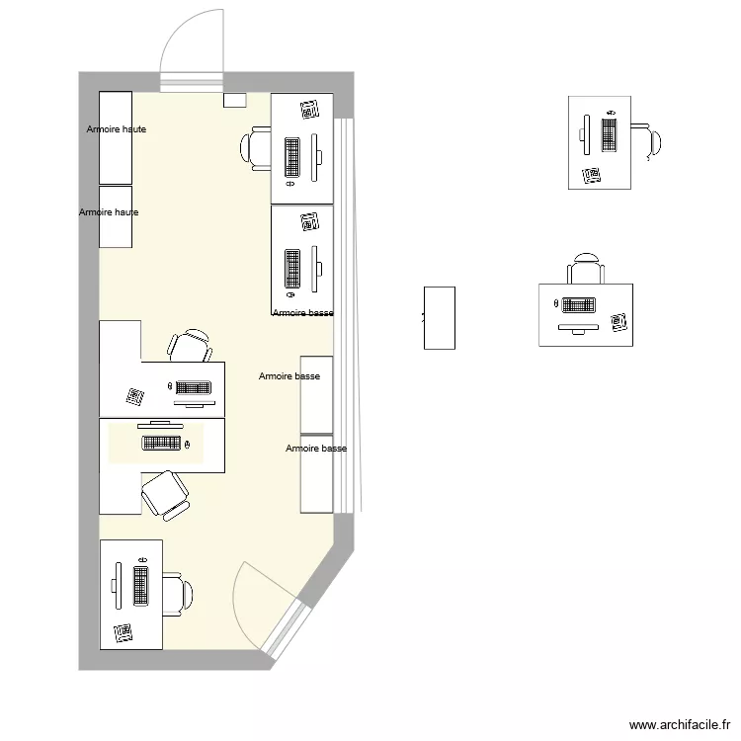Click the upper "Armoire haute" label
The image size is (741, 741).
[x=117, y=129]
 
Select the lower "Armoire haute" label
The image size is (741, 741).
[x=109, y=212]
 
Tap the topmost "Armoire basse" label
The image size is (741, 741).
[x=302, y=313]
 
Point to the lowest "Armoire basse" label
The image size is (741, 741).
[x=316, y=449]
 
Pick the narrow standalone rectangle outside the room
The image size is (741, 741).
[x=440, y=317]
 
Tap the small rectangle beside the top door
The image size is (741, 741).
[x=235, y=100]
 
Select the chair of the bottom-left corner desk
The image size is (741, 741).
[x=178, y=593]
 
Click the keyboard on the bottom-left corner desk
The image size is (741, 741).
[x=140, y=586]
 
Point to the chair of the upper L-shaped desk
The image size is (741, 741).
[x=190, y=346]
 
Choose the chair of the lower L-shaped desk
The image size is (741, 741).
[x=165, y=493]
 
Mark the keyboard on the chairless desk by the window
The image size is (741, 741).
[x=292, y=269]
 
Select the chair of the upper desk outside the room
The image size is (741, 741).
[x=647, y=141]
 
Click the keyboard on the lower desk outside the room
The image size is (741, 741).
[x=578, y=305]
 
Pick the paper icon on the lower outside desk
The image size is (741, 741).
[x=618, y=321]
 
